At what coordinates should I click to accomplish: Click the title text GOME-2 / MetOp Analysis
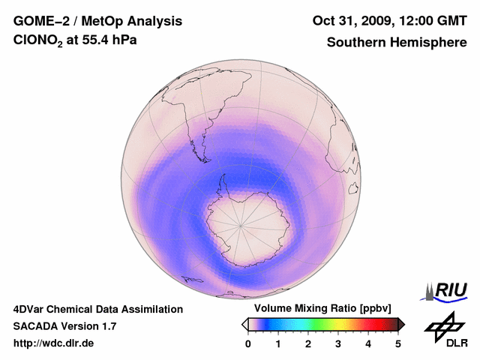[x=88, y=22]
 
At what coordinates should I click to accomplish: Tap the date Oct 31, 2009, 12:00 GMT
[x=390, y=22]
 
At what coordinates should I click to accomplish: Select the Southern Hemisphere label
[x=397, y=43]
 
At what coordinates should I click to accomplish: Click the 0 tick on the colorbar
[x=248, y=343]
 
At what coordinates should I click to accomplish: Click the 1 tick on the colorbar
[x=278, y=343]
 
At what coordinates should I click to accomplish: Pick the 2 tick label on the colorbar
[x=308, y=343]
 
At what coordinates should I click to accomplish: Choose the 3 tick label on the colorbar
[x=338, y=343]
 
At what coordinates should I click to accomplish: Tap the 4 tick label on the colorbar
[x=368, y=343]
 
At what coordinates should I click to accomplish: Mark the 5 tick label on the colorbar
[x=398, y=343]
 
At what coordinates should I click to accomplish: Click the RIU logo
[x=447, y=290]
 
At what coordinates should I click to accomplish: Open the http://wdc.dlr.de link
[x=54, y=343]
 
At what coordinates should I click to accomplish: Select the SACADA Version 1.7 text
[x=64, y=326]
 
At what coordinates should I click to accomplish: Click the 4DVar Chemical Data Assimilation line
[x=98, y=309]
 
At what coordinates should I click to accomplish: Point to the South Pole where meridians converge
[x=241, y=223]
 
